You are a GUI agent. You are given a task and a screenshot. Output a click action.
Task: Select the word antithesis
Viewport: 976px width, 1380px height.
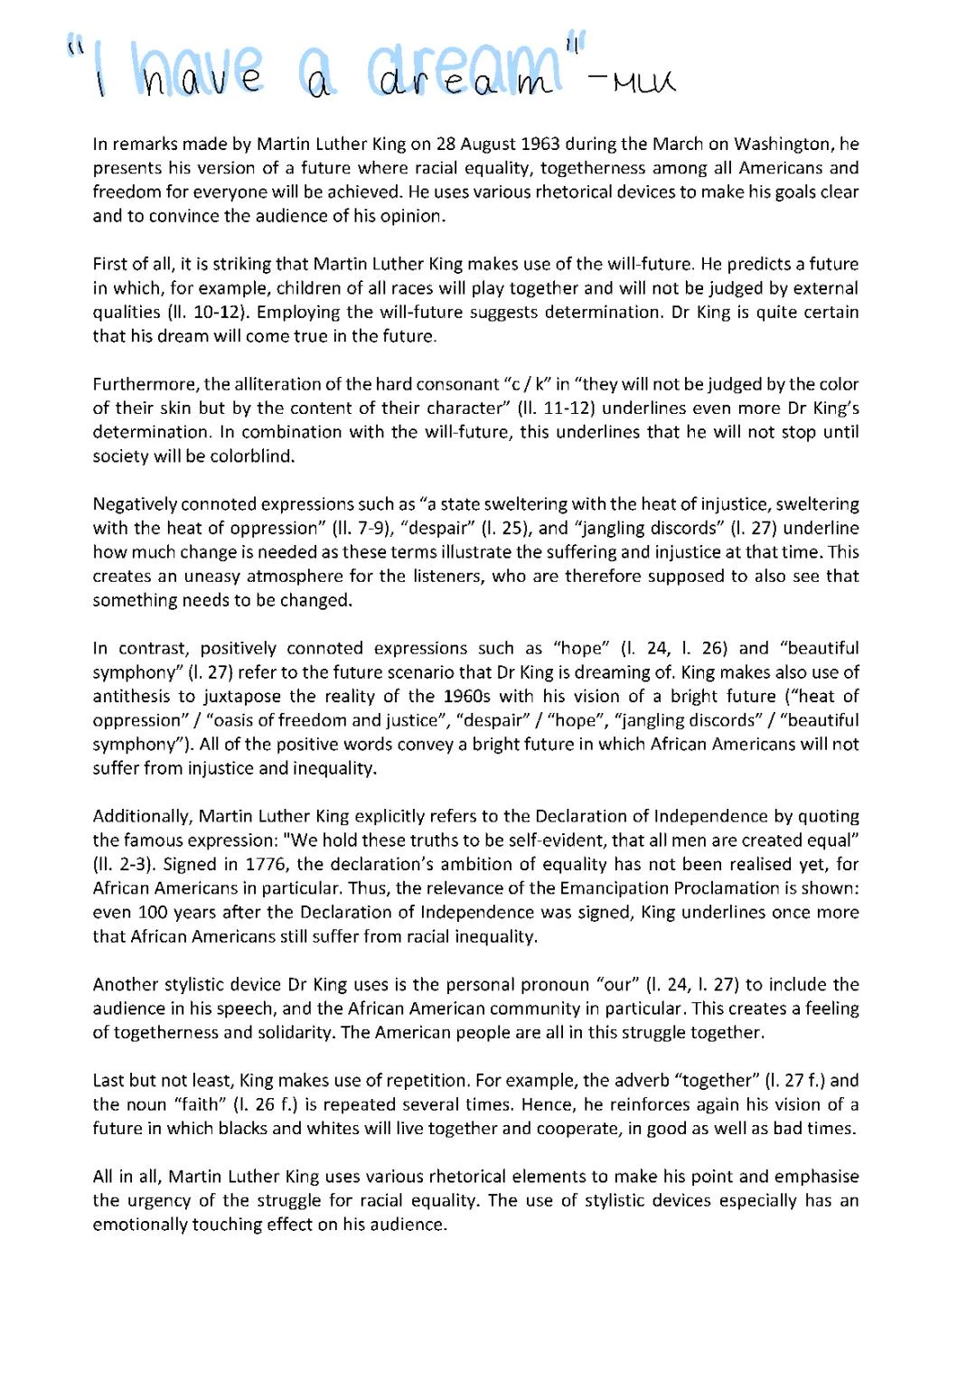coord(130,697)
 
